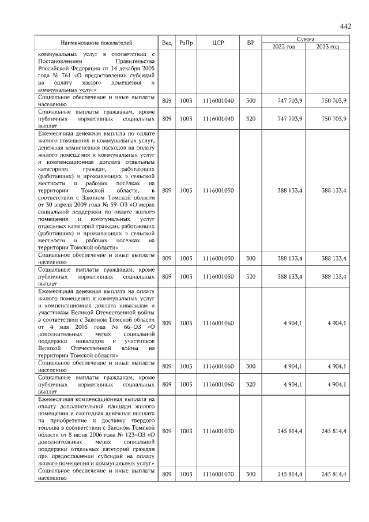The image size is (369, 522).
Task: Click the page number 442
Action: coord(345,27)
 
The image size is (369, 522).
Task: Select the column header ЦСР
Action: coord(218,43)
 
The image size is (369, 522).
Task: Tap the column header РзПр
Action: coord(186,43)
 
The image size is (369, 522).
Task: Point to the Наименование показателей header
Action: coord(97,43)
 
